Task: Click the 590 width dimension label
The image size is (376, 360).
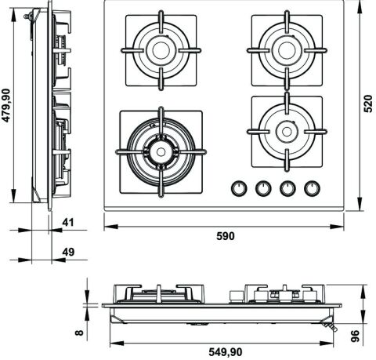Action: [226, 236]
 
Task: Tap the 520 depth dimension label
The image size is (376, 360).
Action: [368, 104]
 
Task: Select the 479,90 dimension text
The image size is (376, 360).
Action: [6, 105]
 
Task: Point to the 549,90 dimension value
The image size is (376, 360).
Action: [225, 352]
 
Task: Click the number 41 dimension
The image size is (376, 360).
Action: [68, 223]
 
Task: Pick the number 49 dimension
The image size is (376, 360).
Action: [68, 252]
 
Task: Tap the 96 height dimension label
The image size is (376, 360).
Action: [356, 336]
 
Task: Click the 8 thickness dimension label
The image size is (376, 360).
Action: [79, 333]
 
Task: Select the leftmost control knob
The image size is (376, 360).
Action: [239, 188]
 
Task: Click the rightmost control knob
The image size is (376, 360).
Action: [312, 188]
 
